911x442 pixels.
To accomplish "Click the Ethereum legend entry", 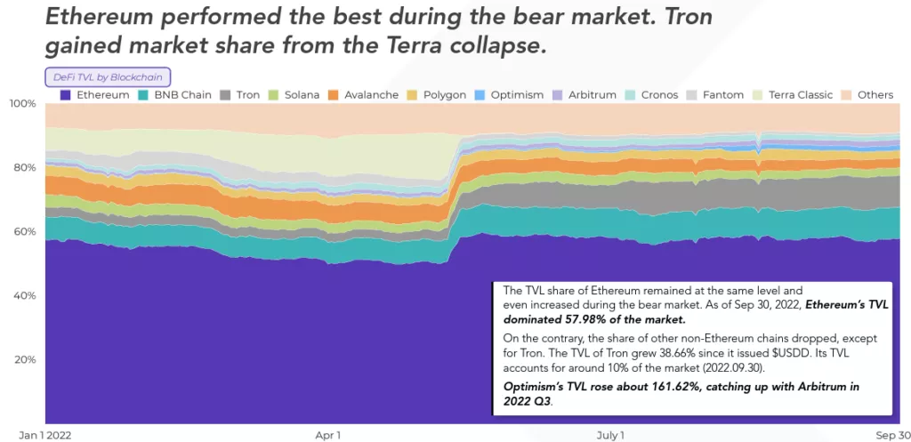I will (95, 94).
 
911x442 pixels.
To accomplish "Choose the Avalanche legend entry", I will (363, 94).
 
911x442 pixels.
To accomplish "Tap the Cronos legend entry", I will (651, 94).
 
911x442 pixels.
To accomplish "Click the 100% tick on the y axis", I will (22, 104).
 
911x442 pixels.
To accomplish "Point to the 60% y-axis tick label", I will (25, 232).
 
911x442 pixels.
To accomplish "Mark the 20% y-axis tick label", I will (25, 360).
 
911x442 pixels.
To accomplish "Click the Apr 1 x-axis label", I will (327, 435).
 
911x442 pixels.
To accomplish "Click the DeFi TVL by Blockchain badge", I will (108, 77).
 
